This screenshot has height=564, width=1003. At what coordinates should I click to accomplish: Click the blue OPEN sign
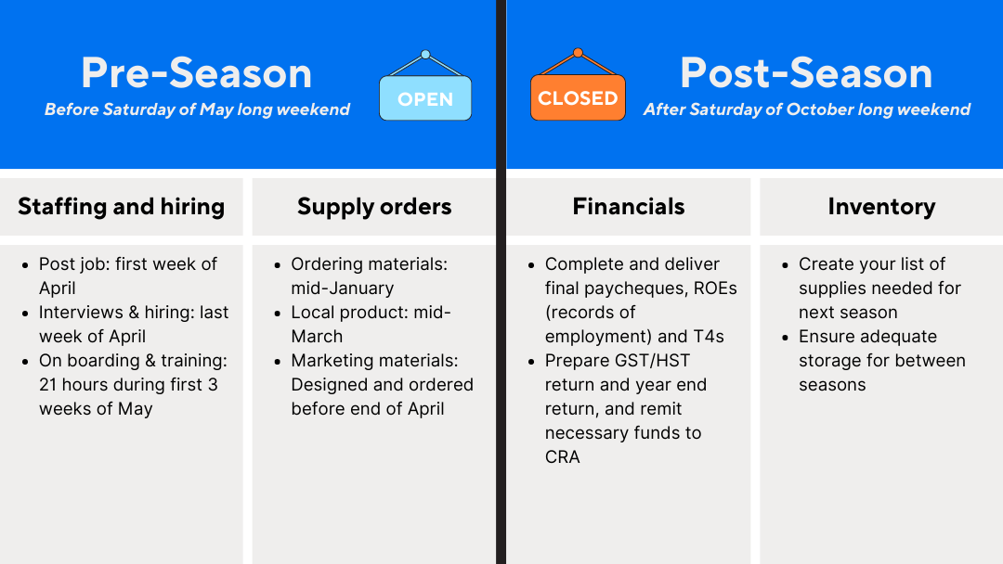(x=425, y=97)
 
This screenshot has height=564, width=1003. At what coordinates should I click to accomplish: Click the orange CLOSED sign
(x=578, y=97)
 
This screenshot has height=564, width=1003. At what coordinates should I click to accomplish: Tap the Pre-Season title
(x=196, y=72)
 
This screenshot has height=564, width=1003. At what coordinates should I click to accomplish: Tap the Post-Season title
(x=806, y=72)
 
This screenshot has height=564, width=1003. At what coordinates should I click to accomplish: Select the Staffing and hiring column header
(x=122, y=206)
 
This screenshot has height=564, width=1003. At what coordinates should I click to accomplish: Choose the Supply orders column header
(x=374, y=206)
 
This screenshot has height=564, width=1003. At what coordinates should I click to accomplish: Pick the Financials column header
(x=628, y=206)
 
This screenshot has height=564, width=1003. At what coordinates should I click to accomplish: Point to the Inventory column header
(x=881, y=206)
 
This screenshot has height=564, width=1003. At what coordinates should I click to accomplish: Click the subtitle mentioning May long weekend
(x=197, y=109)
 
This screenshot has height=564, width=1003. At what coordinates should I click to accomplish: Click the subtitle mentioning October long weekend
(x=807, y=109)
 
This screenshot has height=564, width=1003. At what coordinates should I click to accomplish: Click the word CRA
(x=562, y=456)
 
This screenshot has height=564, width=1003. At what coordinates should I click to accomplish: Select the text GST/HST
(x=653, y=360)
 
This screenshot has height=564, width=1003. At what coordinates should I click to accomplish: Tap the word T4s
(x=709, y=336)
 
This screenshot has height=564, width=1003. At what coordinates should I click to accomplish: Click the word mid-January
(x=342, y=288)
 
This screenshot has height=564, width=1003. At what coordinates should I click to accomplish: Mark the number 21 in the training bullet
(x=48, y=385)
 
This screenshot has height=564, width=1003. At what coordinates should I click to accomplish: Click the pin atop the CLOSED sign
(x=578, y=53)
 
